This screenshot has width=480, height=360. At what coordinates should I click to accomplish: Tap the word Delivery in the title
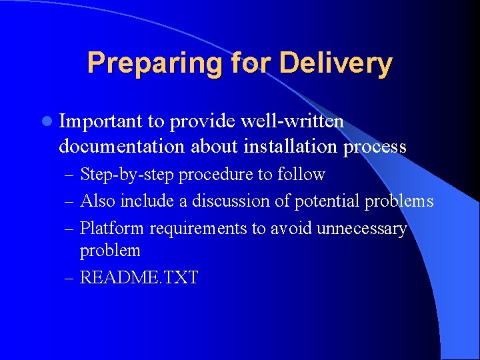[336, 63]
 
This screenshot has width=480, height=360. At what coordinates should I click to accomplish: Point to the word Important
[101, 121]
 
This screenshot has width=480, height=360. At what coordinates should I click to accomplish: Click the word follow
[301, 175]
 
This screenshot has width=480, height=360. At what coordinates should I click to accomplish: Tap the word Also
[98, 201]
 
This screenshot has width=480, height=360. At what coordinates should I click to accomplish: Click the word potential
[326, 201]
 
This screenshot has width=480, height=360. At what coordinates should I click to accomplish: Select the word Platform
[112, 228]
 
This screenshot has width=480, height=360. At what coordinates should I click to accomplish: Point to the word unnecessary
[361, 229]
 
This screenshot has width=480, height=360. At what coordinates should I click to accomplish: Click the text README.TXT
[139, 277]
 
